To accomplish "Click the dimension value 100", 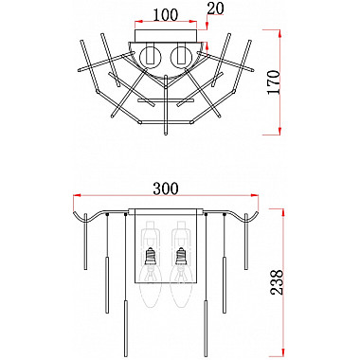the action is coord(166,15).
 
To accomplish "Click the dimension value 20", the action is coord(215,9).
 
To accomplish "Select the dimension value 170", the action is coord(274,81).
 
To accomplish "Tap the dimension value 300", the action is coord(166,189).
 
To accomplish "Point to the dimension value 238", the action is coord(277,282).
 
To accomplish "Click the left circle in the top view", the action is coord(151,57).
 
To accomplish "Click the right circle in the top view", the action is coord(181,57).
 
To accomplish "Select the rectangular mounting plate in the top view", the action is coord(166,35).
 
